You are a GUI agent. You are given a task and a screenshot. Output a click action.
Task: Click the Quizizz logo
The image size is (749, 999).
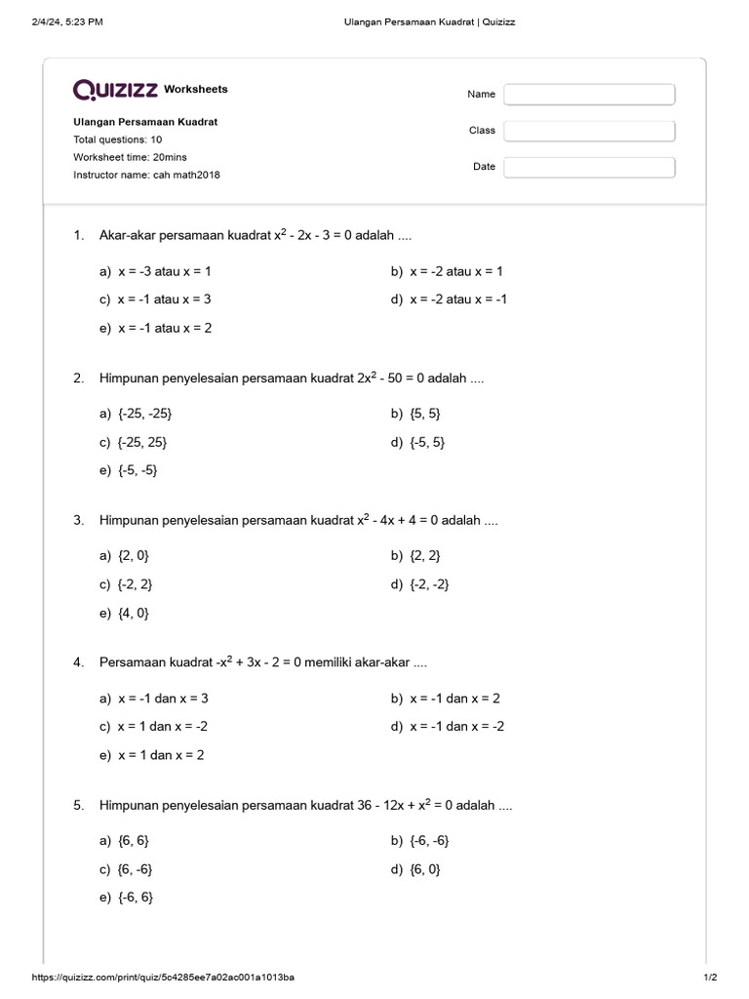pyautogui.click(x=115, y=90)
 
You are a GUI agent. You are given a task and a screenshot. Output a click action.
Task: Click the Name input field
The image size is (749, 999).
pyautogui.click(x=589, y=95)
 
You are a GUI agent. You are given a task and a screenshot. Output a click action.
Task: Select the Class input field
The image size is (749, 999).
pyautogui.click(x=589, y=131)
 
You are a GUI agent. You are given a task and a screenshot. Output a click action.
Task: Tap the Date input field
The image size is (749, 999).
pyautogui.click(x=589, y=167)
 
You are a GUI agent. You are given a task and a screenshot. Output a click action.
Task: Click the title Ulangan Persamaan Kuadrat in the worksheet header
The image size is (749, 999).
pyautogui.click(x=145, y=122)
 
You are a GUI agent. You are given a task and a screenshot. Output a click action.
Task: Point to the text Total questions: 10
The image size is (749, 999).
pyautogui.click(x=117, y=140)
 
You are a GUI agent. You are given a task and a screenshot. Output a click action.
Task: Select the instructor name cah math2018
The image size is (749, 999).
pyautogui.click(x=185, y=175)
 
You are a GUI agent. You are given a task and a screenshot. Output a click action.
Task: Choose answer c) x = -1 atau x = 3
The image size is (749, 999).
pyautogui.click(x=155, y=300)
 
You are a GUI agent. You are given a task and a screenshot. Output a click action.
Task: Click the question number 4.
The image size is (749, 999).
pyautogui.click(x=78, y=662)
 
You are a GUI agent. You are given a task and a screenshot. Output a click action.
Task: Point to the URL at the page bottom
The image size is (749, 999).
pyautogui.click(x=164, y=977)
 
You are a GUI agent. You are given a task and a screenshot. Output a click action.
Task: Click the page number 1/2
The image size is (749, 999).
pyautogui.click(x=710, y=977)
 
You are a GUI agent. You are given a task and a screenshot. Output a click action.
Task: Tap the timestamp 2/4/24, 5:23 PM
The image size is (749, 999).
pyautogui.click(x=66, y=21)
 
